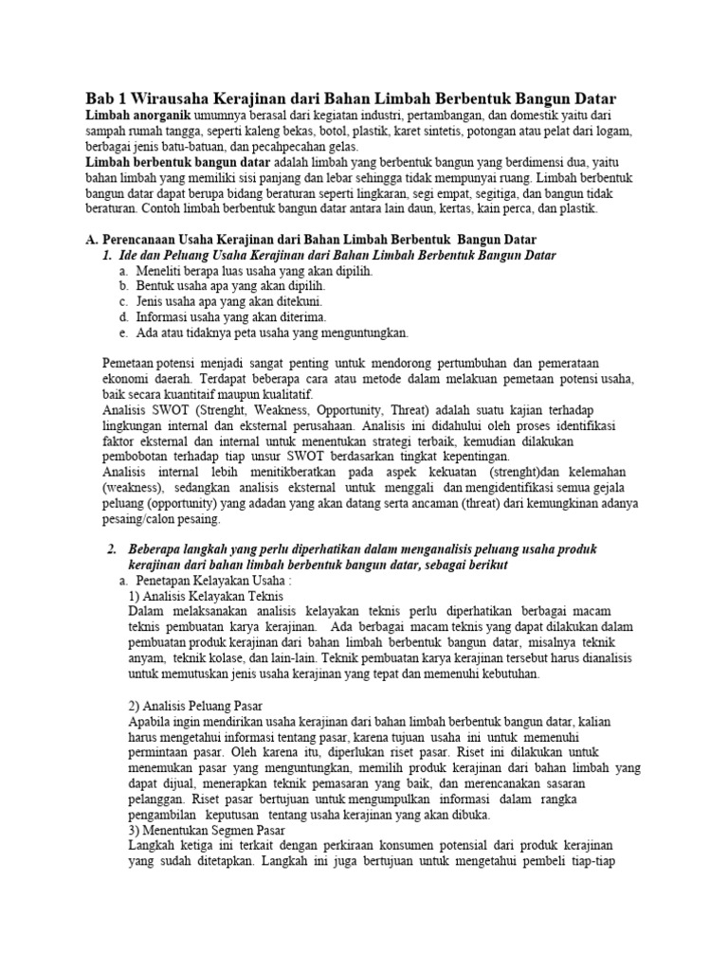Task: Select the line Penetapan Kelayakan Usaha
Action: (217, 580)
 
